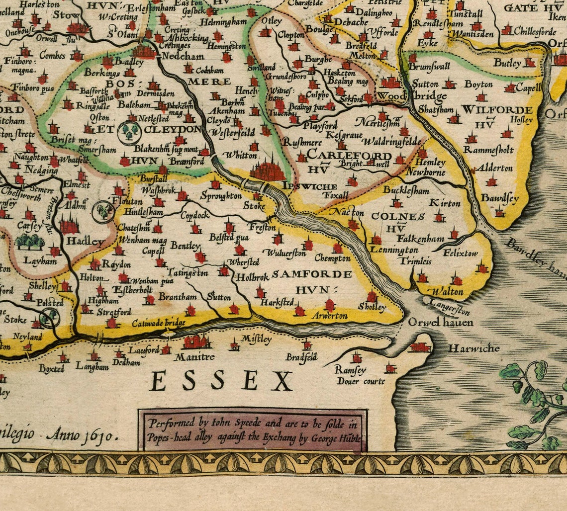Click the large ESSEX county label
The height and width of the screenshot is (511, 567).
click(x=221, y=382)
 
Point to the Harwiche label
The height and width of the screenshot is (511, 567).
click(x=473, y=348)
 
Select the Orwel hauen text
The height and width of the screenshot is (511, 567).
click(x=441, y=323)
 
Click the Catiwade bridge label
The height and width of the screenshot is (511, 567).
click(x=159, y=323)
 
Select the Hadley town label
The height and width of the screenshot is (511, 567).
click(x=86, y=242)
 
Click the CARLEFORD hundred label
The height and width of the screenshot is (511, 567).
click(x=349, y=156)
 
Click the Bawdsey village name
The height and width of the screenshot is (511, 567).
click(x=499, y=198)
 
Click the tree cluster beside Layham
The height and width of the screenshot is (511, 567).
click(x=30, y=242)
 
